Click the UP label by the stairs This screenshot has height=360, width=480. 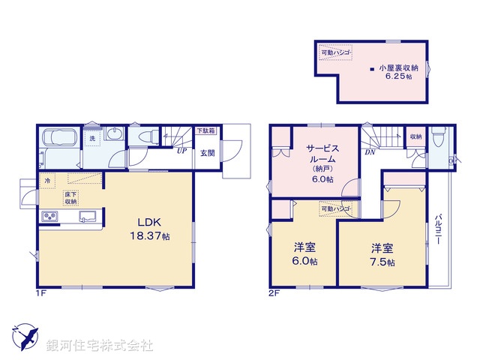[x=181, y=151]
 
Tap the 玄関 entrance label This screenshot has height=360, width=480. [x=207, y=154]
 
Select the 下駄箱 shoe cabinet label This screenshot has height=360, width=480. [x=205, y=131]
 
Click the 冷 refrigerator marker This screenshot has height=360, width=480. [x=48, y=181]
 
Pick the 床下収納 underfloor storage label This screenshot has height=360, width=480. [x=70, y=198]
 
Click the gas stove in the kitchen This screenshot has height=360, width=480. [x=51, y=217]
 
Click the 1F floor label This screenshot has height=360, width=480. [x=40, y=293]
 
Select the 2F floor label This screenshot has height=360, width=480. [x=275, y=293]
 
